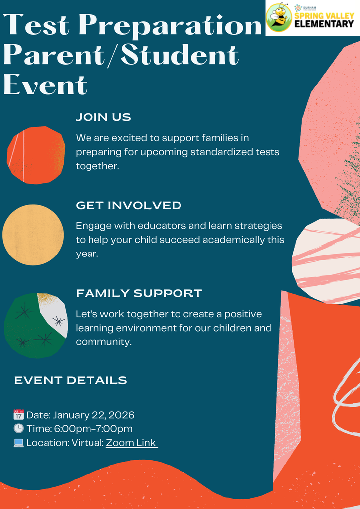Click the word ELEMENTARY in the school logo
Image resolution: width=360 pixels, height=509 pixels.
324,24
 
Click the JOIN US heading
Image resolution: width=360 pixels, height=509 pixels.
103,118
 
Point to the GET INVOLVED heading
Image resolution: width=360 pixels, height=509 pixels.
128,206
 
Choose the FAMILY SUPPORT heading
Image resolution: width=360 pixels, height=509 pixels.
139,293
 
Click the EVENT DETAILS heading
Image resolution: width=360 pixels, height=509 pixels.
71,381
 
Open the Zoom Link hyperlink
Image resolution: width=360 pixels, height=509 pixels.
131,443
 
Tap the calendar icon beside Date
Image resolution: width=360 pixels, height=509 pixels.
19,415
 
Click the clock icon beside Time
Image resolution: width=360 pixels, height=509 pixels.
19,428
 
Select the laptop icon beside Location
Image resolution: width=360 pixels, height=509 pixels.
19,443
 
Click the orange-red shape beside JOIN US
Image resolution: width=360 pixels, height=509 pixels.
36,155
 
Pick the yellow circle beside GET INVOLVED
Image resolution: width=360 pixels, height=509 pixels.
33,235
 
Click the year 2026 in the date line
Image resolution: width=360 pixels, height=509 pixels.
121,415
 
